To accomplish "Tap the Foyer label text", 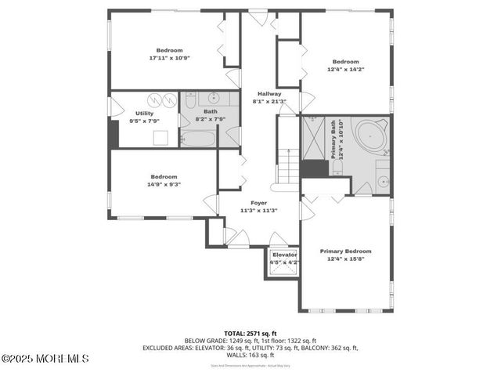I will (x=258, y=202).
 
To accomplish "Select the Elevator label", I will (x=284, y=255).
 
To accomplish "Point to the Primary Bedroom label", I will (x=345, y=251).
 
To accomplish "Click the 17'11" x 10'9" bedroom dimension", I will (x=169, y=58).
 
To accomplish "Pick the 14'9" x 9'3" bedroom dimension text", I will (x=164, y=184).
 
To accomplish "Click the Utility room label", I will (x=144, y=114).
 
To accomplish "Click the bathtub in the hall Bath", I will (x=197, y=139).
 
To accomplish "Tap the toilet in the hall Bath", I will (x=190, y=99).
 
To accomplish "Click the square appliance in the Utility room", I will (x=160, y=138).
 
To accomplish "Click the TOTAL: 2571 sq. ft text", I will (x=250, y=333).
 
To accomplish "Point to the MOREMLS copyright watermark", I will (x=45, y=359).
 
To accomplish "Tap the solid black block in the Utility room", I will (x=114, y=132).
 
